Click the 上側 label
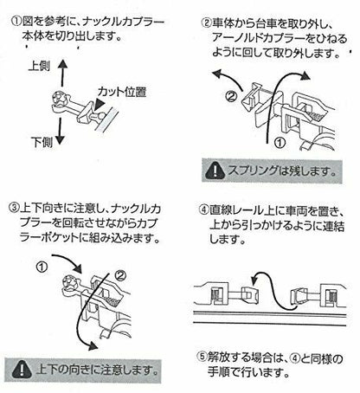click(39, 67)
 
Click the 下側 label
click(42, 142)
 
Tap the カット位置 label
click(122, 92)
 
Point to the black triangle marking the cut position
click(99, 104)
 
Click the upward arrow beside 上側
click(61, 73)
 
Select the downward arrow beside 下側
click(60, 132)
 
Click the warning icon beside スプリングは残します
click(215, 171)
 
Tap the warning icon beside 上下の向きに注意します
click(22, 370)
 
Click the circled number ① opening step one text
click(16, 21)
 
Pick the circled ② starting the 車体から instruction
click(206, 23)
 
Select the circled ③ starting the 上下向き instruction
click(15, 209)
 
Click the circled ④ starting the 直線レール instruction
click(204, 209)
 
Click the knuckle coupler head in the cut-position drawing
click(60, 99)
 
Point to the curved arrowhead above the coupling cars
click(254, 280)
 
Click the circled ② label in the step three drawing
click(120, 276)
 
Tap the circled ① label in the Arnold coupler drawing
click(279, 143)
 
